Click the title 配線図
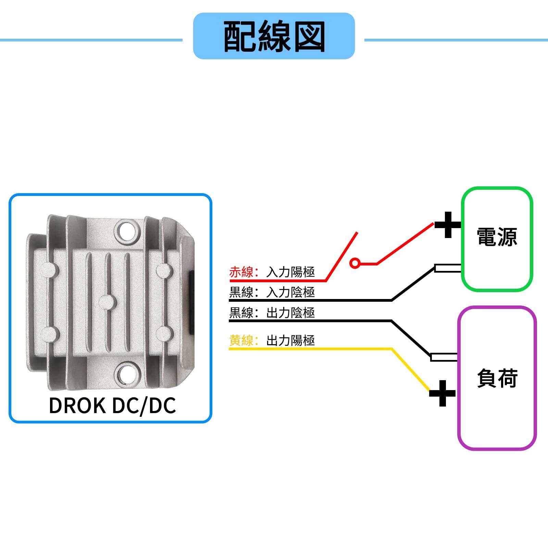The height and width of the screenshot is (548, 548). (x=274, y=36)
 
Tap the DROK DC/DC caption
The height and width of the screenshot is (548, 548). (x=112, y=406)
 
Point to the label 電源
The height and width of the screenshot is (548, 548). (x=497, y=237)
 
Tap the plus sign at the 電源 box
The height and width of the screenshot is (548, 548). (x=448, y=225)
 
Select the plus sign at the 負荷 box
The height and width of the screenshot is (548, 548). (x=443, y=393)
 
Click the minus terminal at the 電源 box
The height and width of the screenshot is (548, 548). (x=448, y=268)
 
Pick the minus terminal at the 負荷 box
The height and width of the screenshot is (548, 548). (x=444, y=357)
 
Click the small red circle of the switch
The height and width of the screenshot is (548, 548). (x=355, y=263)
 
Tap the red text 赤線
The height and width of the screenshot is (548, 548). (x=241, y=272)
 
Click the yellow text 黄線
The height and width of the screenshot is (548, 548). (x=241, y=340)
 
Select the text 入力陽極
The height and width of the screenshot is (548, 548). (x=290, y=272)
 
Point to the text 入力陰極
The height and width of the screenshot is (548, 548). (x=290, y=292)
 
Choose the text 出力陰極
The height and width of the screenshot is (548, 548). (x=290, y=313)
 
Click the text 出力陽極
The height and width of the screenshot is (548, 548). (x=290, y=340)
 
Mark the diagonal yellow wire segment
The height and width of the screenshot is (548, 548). (x=411, y=370)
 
